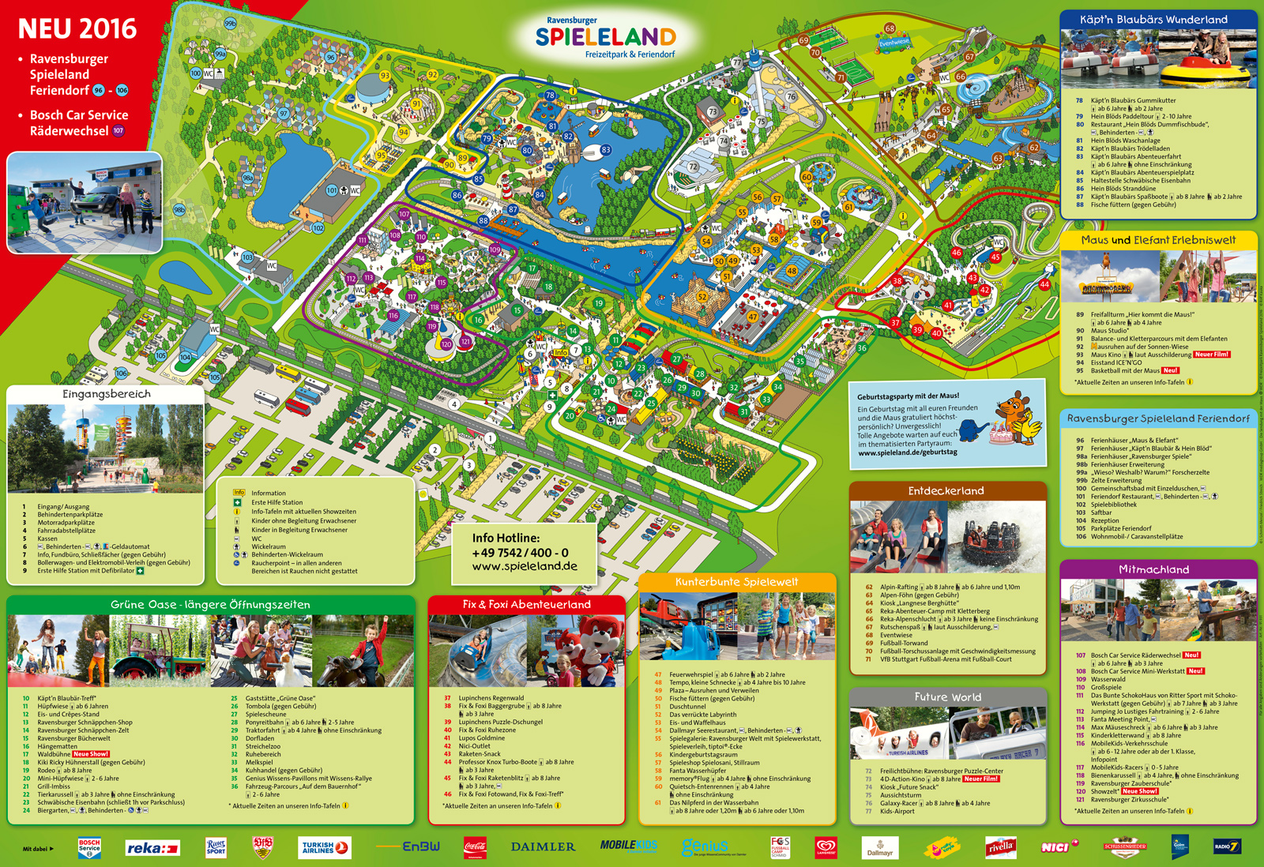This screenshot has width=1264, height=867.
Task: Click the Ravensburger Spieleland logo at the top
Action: pyautogui.click(x=605, y=37)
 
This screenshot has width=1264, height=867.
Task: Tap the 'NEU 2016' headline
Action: pyautogui.click(x=77, y=29)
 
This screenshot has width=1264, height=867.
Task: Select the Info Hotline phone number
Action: pyautogui.click(x=520, y=553)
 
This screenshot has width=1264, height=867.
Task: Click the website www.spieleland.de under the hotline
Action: pyautogui.click(x=525, y=566)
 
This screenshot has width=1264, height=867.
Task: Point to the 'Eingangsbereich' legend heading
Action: pyautogui.click(x=107, y=394)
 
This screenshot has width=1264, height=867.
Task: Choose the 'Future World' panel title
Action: pyautogui.click(x=947, y=697)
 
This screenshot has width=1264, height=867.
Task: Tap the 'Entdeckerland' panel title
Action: pyautogui.click(x=946, y=491)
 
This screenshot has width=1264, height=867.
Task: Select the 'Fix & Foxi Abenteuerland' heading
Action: pyautogui.click(x=526, y=604)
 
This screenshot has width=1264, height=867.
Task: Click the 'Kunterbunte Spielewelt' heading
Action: pyautogui.click(x=736, y=582)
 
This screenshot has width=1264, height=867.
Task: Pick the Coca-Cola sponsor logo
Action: pyautogui.click(x=475, y=847)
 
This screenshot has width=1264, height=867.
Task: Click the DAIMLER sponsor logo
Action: pyautogui.click(x=543, y=847)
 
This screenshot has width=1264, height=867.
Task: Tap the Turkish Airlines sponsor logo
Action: pyautogui.click(x=325, y=847)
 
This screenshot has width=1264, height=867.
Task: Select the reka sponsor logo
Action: pyautogui.click(x=152, y=848)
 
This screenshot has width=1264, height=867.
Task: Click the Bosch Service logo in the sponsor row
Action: pyautogui.click(x=89, y=847)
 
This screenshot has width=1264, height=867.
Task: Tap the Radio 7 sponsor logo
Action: pyautogui.click(x=1227, y=847)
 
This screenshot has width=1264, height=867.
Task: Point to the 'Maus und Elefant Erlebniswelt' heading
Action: pyautogui.click(x=1158, y=240)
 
